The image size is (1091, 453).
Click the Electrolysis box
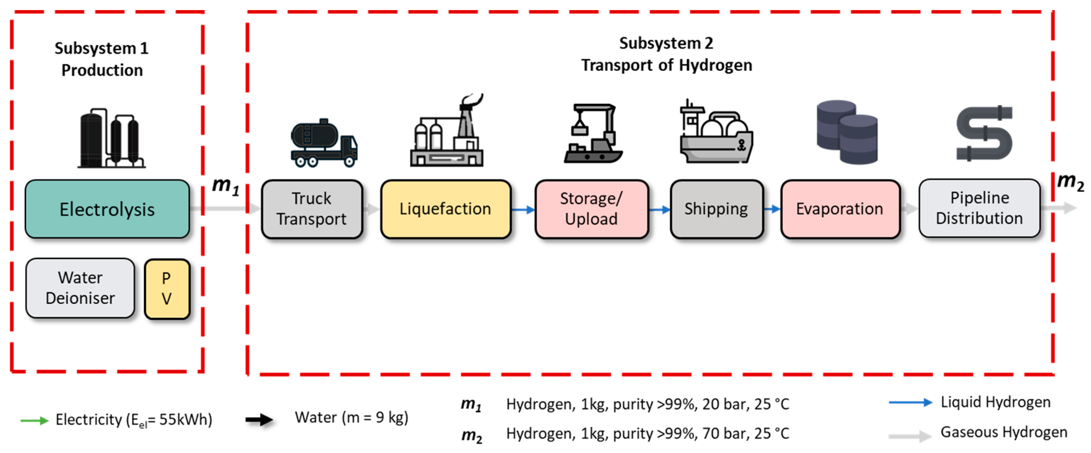point(107,209)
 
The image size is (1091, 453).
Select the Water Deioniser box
point(80,288)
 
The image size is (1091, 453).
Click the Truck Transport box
point(312,209)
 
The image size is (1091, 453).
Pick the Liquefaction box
point(445,209)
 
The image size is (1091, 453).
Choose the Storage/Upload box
point(591,209)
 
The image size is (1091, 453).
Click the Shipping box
point(716,209)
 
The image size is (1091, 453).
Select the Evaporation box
point(840,209)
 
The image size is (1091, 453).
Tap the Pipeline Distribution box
point(979,208)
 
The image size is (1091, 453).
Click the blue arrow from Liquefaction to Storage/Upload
point(523,209)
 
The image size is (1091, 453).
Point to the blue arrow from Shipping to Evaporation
point(772,209)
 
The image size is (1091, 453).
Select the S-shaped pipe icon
point(984,133)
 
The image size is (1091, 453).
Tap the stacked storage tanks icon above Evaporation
point(847,132)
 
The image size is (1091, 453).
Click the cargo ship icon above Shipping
point(716,134)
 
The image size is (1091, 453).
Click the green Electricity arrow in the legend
point(35,420)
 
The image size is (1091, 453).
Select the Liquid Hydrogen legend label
point(995,402)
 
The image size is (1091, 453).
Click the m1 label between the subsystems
point(225,186)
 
